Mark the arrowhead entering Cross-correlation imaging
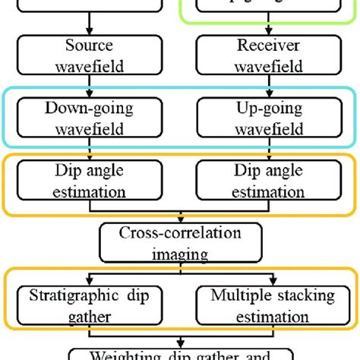point(179,219)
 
